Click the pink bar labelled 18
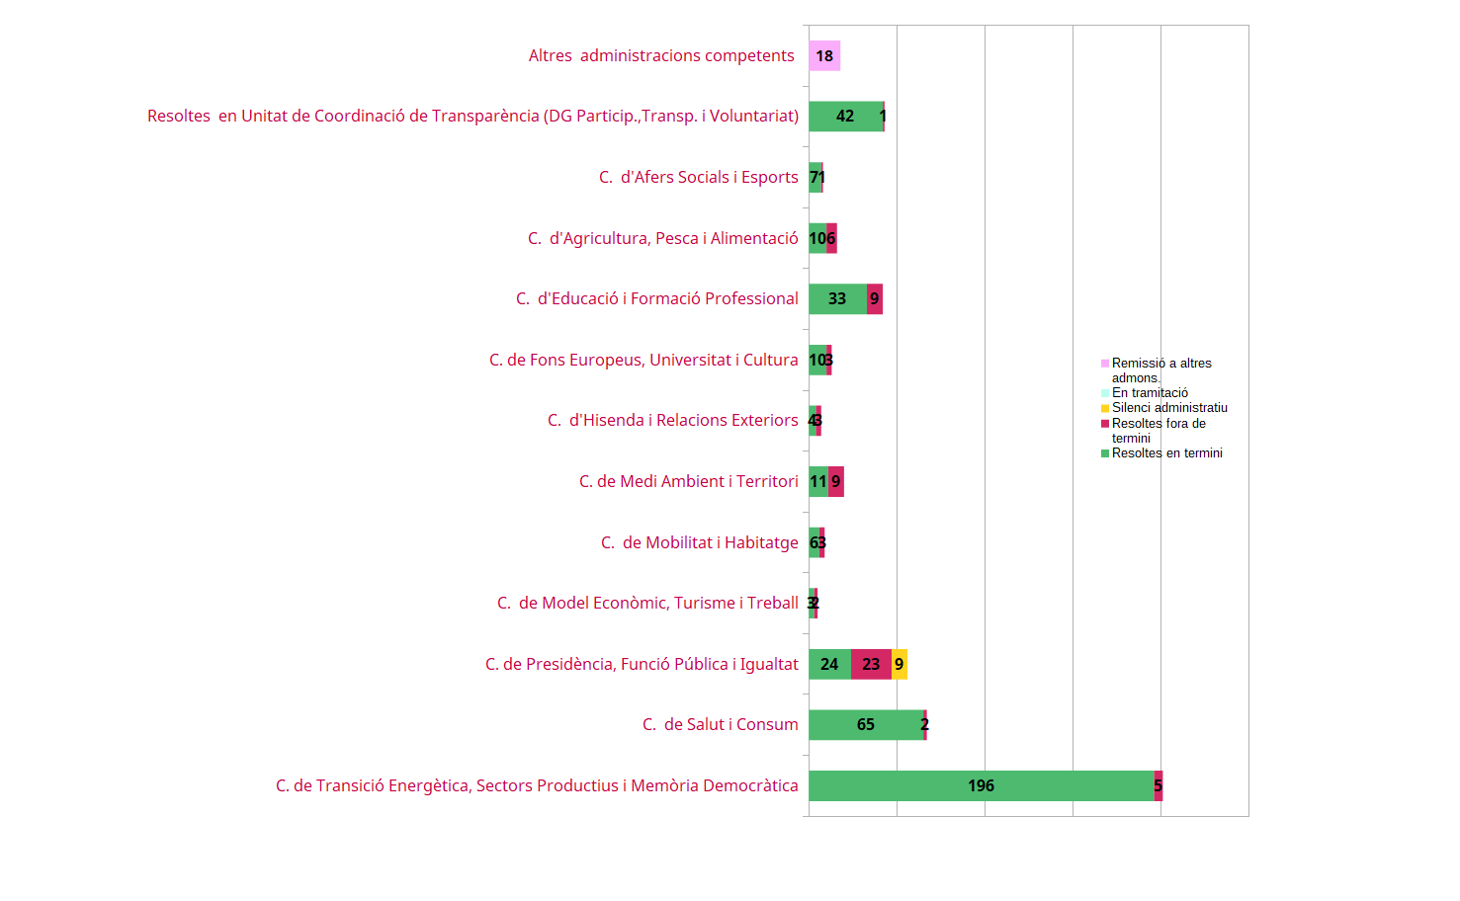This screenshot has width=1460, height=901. coord(824,56)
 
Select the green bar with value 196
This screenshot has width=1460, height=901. coord(981,786)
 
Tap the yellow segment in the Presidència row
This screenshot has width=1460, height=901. coord(900,664)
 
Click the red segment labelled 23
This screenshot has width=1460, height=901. coord(871,664)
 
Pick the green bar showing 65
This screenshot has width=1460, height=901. coord(866,725)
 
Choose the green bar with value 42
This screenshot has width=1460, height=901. coord(845,117)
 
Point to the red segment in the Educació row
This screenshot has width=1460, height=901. coord(875,299)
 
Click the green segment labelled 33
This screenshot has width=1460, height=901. coord(837,299)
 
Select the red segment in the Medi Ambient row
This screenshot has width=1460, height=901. coord(836,482)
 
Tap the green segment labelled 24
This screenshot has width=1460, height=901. coord(829,664)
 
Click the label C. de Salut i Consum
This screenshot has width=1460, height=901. coord(720,725)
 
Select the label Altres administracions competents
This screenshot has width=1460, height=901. coord(661,56)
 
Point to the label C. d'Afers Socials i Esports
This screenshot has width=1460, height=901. coord(698,178)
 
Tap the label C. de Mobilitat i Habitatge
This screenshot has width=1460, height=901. coord(699,543)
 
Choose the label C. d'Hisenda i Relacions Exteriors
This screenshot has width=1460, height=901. coord(672,421)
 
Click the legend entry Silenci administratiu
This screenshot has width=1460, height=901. coord(1169,408)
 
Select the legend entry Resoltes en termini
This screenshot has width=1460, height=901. coord(1166,453)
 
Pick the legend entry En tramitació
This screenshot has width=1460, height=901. coord(1150,393)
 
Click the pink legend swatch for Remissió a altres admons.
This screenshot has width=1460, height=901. coord(1105,364)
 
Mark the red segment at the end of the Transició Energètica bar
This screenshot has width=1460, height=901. coord(1159,786)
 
